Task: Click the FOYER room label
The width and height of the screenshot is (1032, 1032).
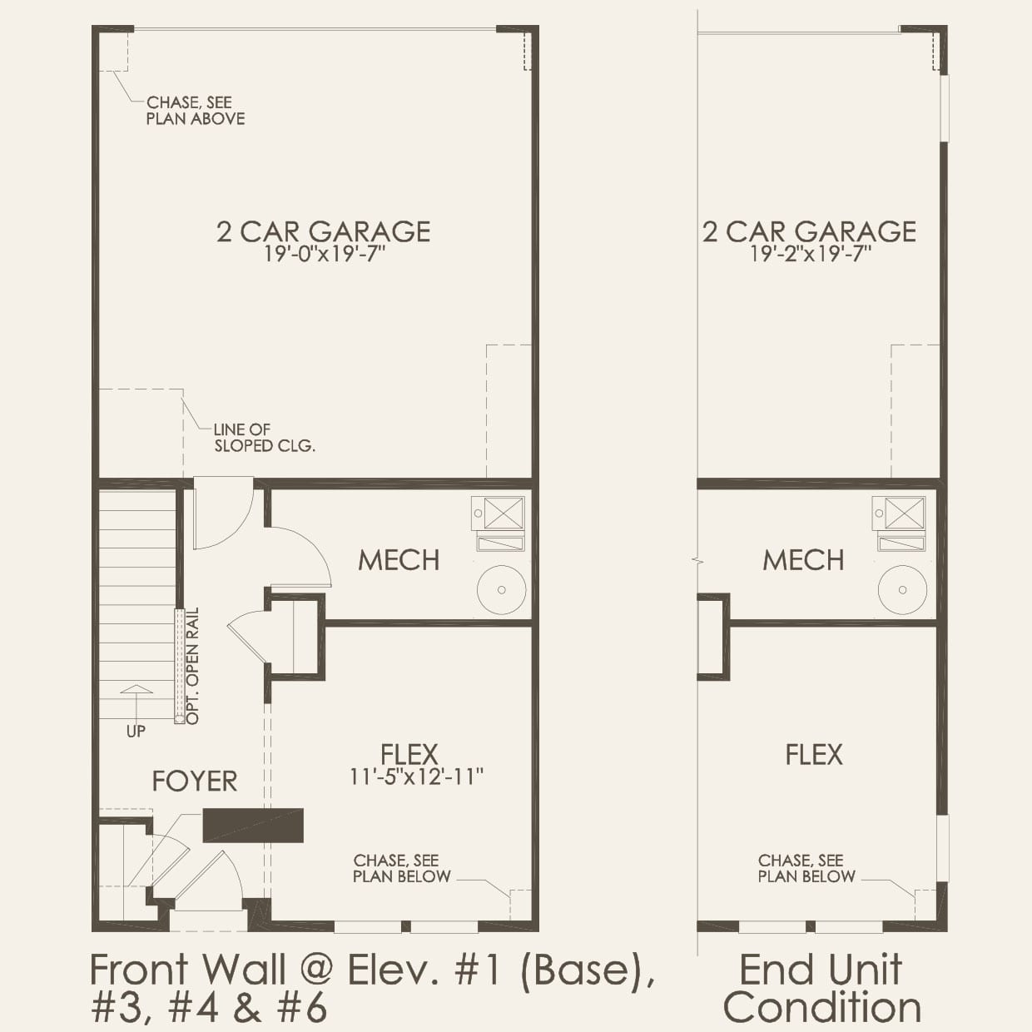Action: click(x=195, y=781)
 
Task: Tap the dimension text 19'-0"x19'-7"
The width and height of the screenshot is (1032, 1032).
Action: click(x=324, y=254)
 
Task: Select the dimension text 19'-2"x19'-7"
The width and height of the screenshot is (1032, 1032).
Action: click(x=810, y=254)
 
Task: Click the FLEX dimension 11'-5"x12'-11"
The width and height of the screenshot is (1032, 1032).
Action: click(x=416, y=776)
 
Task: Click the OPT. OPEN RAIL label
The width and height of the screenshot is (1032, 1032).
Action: click(x=192, y=666)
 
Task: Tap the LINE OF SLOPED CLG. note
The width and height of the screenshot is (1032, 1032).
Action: click(x=264, y=438)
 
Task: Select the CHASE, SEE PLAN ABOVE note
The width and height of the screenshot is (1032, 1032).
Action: click(x=196, y=111)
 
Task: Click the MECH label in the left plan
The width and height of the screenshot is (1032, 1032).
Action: click(x=399, y=560)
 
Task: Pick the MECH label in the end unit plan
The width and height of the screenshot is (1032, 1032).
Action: click(x=803, y=560)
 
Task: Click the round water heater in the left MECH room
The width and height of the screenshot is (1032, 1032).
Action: click(x=501, y=589)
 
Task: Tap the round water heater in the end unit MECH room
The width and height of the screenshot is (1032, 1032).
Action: click(x=902, y=589)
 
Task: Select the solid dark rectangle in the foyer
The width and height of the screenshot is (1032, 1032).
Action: click(x=253, y=825)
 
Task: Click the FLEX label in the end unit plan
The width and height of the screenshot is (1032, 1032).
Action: click(x=814, y=755)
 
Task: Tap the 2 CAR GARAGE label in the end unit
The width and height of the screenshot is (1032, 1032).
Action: click(x=809, y=231)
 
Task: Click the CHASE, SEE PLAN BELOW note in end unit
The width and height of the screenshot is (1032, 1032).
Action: click(x=806, y=868)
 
